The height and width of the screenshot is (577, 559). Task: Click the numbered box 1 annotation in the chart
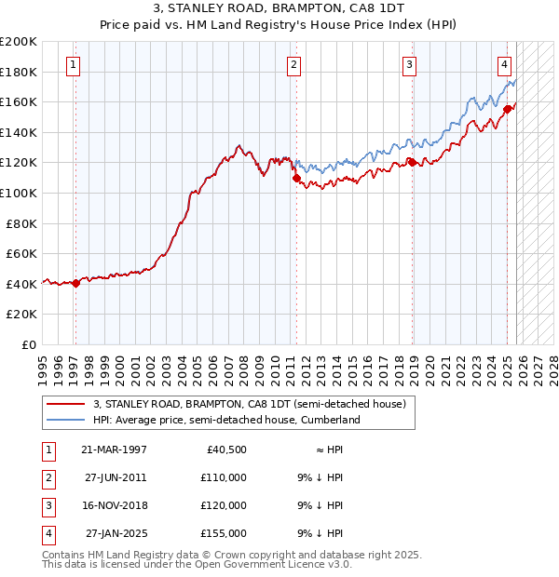point(73,65)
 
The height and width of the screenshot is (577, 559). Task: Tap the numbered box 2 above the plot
point(293,65)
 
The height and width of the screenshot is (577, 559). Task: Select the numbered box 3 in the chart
point(409,65)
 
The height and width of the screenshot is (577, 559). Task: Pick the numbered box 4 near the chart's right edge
point(503,65)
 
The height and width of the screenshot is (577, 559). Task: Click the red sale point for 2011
point(296,178)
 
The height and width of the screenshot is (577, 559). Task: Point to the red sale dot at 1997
point(75,284)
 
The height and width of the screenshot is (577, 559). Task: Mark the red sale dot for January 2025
point(507,109)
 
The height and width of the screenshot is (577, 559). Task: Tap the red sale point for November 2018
point(412,163)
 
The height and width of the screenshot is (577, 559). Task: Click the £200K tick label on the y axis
point(19,42)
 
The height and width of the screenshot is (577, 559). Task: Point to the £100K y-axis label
point(19,193)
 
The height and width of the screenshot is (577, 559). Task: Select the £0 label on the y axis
point(28,344)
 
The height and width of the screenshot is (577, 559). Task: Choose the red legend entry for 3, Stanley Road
point(249,405)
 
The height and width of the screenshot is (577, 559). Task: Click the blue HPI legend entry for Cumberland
point(225,421)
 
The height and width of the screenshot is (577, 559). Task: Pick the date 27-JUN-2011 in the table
point(114,477)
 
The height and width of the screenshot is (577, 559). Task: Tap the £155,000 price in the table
point(224,533)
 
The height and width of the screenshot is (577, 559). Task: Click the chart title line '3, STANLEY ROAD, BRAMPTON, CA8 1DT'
point(279,11)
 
